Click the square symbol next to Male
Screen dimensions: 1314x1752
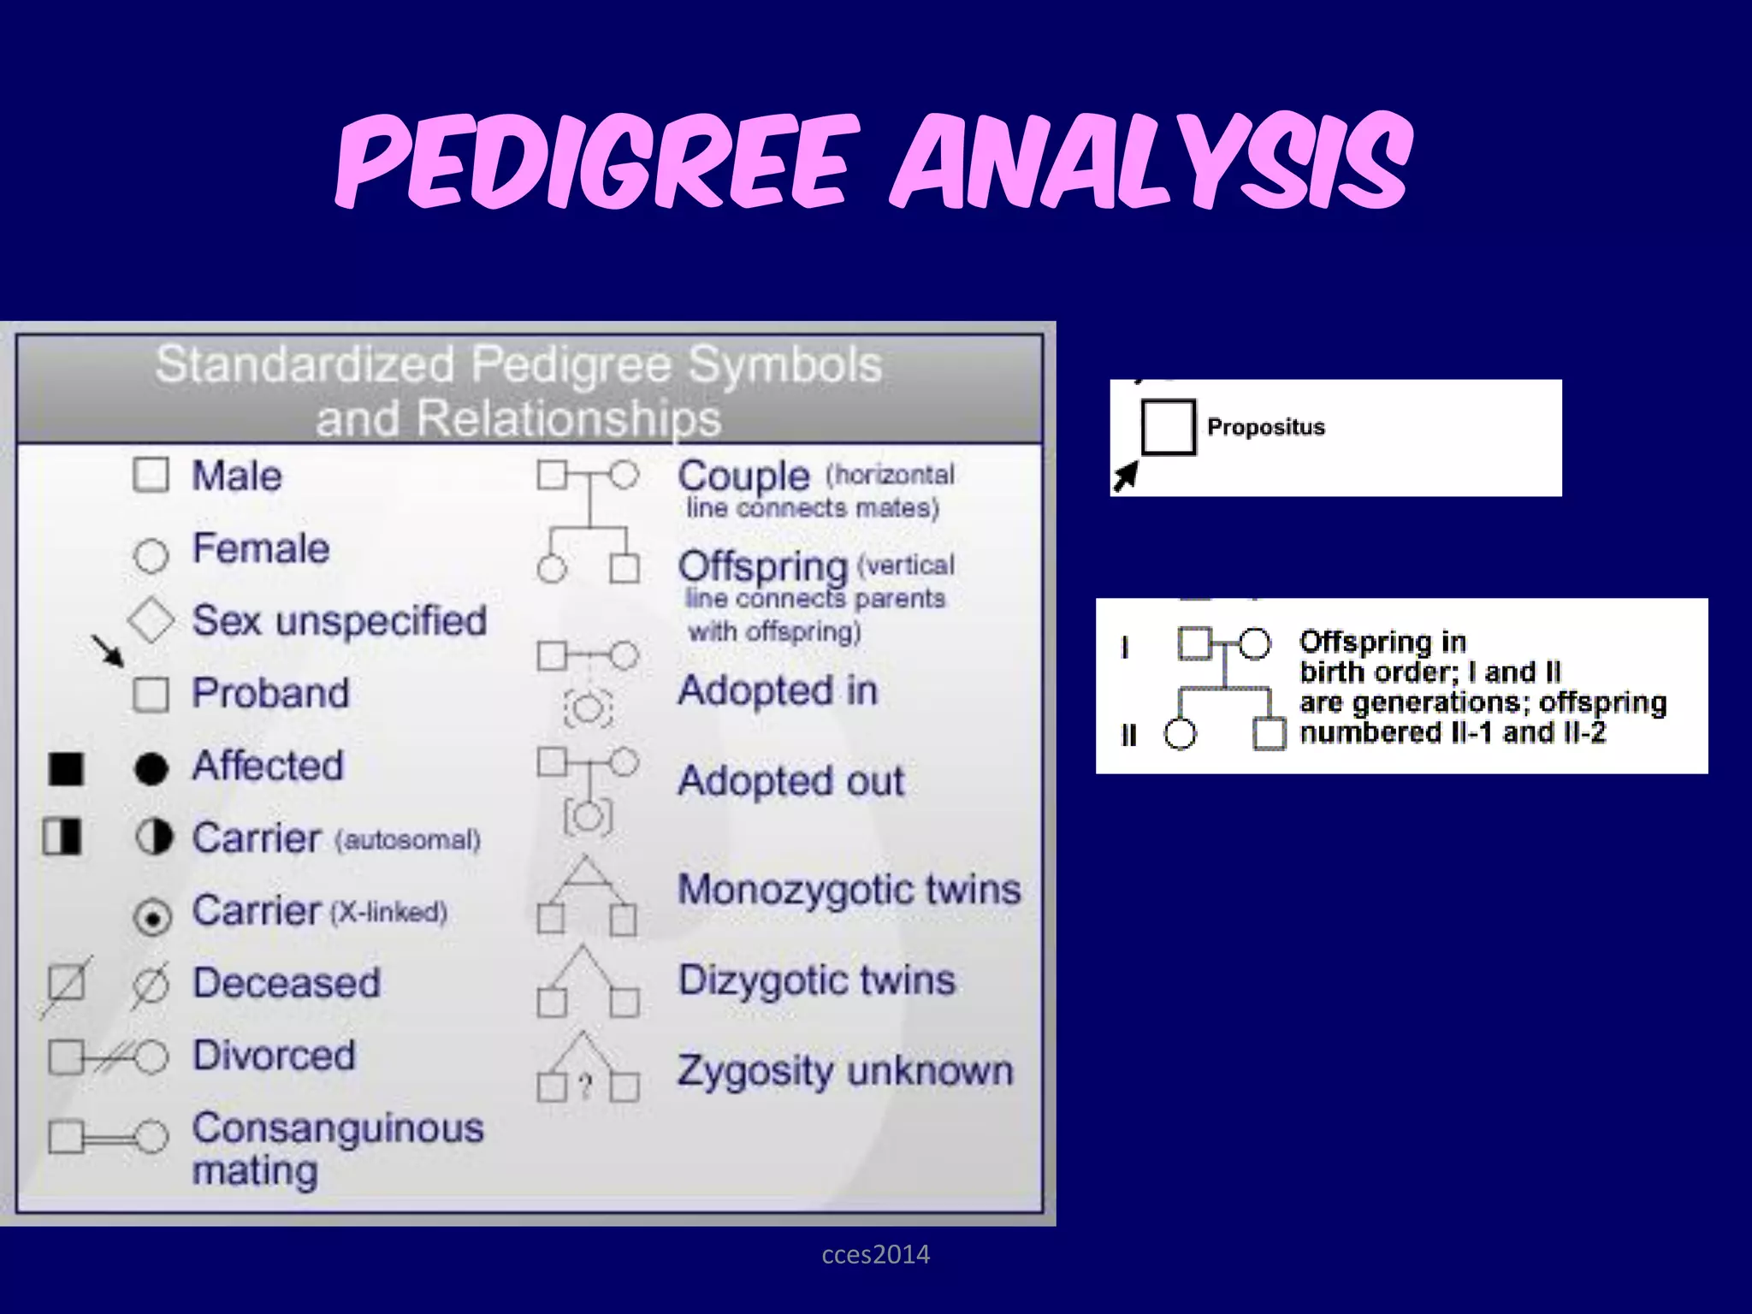pyautogui.click(x=151, y=475)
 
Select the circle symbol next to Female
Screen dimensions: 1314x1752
pyautogui.click(x=151, y=555)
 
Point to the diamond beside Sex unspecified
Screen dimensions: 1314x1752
pyautogui.click(x=151, y=619)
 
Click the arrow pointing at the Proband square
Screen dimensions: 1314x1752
pyautogui.click(x=109, y=651)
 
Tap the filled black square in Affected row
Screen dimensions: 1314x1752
pyautogui.click(x=66, y=768)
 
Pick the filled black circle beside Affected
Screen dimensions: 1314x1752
pyautogui.click(x=151, y=768)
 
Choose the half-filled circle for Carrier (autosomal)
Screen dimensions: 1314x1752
pyautogui.click(x=154, y=838)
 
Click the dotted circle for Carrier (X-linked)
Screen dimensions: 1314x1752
pyautogui.click(x=152, y=918)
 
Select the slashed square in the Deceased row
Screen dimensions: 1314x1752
pyautogui.click(x=66, y=984)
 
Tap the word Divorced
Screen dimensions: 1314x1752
pyautogui.click(x=274, y=1055)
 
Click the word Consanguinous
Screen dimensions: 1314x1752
pyautogui.click(x=338, y=1128)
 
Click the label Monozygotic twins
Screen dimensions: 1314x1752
pyautogui.click(x=849, y=890)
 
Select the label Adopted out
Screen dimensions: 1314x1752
pyautogui.click(x=791, y=781)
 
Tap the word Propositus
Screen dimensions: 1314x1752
pyautogui.click(x=1265, y=427)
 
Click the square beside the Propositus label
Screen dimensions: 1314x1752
pyautogui.click(x=1168, y=427)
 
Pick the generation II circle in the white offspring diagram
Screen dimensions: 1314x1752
pyautogui.click(x=1180, y=734)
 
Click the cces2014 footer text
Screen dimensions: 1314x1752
pyautogui.click(x=875, y=1255)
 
